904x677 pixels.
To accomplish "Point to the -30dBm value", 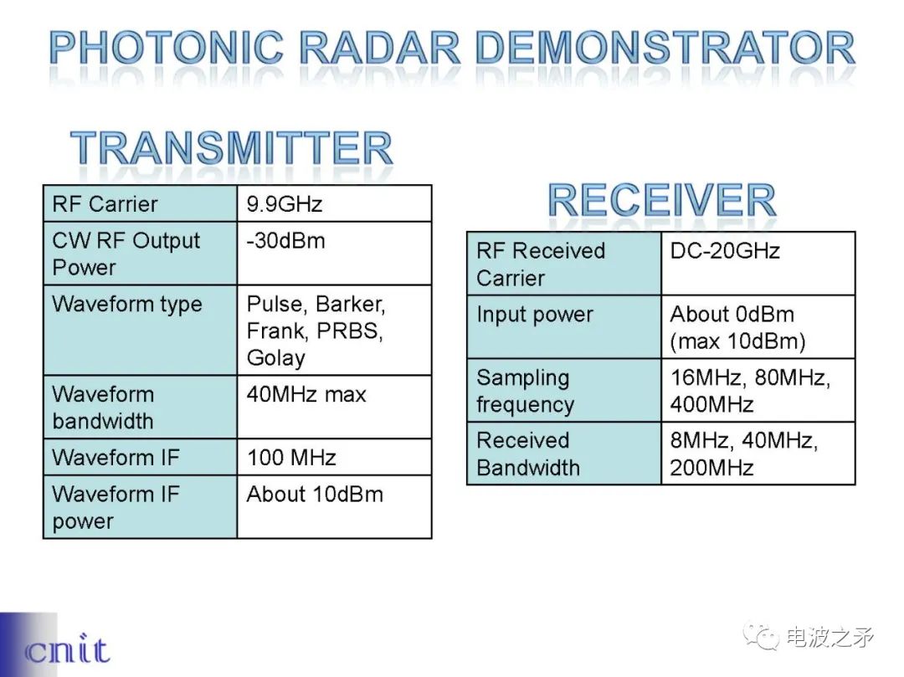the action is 285,240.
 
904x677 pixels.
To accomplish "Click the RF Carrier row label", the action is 105,204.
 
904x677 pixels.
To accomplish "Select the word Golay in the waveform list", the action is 275,358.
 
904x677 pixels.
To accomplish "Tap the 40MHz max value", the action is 306,394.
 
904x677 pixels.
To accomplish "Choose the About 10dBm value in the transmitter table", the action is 315,494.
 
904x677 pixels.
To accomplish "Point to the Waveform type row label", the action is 127,305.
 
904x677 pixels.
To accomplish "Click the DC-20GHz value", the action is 725,251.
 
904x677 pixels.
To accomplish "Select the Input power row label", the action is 534,315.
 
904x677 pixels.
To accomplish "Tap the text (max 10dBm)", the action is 737,341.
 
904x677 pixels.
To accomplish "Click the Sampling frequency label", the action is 525,391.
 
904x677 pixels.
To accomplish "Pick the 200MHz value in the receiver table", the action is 711,467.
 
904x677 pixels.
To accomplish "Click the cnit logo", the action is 67,649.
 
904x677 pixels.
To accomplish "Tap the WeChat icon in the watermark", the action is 760,637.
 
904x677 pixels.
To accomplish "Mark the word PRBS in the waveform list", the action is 349,331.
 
